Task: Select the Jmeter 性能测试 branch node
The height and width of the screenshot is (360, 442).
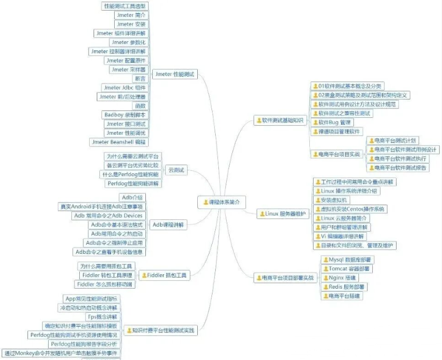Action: tap(174, 75)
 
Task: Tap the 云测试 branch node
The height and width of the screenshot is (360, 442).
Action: tap(176, 170)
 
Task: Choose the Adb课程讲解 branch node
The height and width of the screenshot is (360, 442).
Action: tap(169, 225)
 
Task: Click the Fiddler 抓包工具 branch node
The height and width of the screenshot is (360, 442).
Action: tap(164, 275)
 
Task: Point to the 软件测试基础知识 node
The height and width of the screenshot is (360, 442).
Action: tap(280, 121)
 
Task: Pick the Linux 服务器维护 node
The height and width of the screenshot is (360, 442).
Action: tap(283, 214)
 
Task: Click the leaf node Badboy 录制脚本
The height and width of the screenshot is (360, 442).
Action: tap(125, 115)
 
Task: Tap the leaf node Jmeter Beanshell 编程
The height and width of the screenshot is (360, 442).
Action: tap(119, 142)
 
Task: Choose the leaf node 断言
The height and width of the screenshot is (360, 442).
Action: tap(140, 78)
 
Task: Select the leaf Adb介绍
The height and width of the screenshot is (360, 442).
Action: tap(132, 198)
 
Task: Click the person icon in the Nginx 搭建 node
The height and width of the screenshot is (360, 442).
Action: tap(325, 278)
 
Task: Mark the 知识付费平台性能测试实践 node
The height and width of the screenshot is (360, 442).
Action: tap(161, 331)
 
